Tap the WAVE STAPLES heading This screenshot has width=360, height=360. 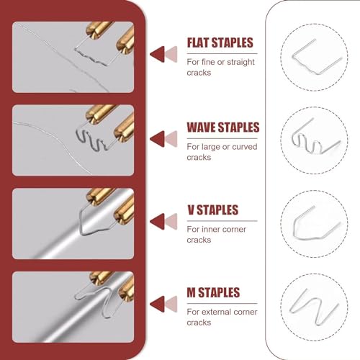[x=223, y=127]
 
